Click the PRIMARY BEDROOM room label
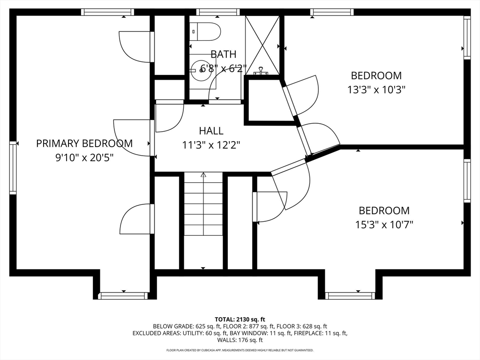coord(84,143)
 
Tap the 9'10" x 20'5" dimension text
coord(84,158)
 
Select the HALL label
coord(211,131)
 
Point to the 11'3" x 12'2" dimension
coord(211,145)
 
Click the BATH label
coord(224,54)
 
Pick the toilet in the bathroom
coord(205,31)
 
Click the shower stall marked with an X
coord(262,45)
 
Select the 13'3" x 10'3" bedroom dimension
coord(376,90)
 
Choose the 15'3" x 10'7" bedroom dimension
coord(384,225)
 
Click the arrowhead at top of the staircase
coord(203,175)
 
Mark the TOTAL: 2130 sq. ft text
coord(240,320)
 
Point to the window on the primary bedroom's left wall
coord(13,168)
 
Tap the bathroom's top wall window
coord(217,12)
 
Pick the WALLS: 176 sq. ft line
coord(240,340)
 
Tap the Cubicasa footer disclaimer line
coord(240,350)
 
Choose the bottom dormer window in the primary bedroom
coord(122,296)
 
